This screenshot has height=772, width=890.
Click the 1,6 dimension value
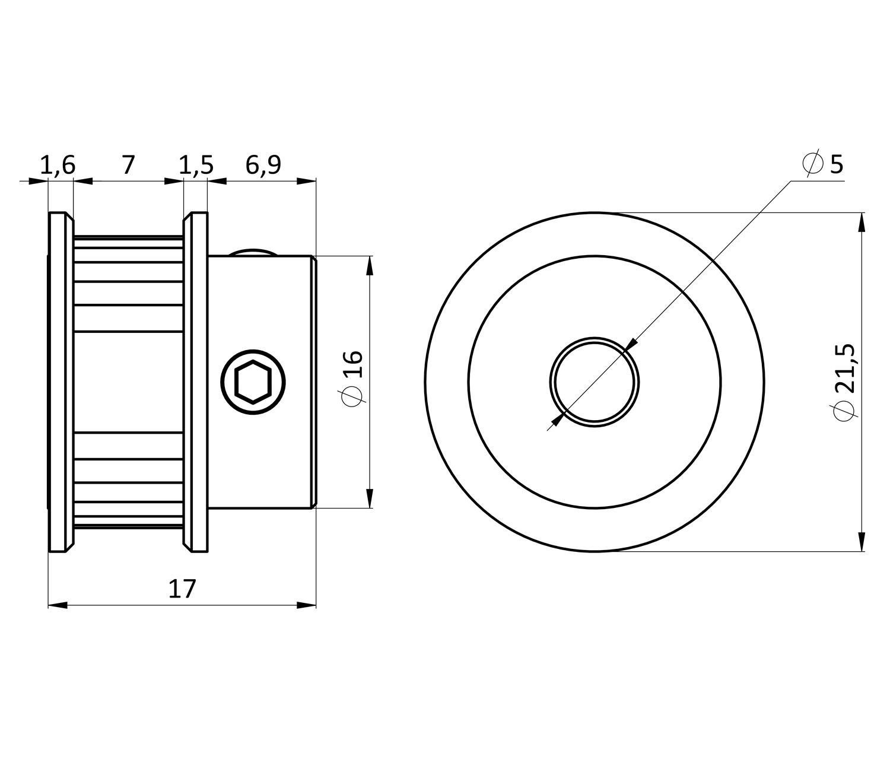point(58,166)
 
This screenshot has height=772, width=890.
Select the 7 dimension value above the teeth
point(128,165)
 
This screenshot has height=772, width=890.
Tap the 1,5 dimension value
point(196,166)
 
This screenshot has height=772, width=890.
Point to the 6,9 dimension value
point(263,166)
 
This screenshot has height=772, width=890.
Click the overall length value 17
point(182,589)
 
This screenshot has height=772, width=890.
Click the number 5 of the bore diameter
point(837,164)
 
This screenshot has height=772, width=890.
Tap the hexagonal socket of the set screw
point(253,382)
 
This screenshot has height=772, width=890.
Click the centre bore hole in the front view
point(594,382)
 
